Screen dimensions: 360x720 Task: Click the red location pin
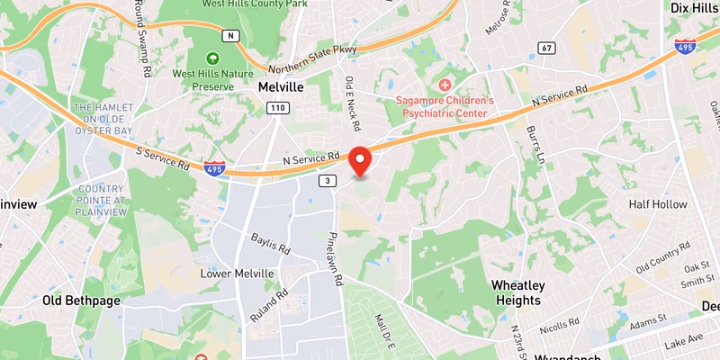tap(361, 159)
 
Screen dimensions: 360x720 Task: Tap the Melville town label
tap(281, 87)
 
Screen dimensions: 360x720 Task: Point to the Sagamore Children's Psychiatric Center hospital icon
tap(444, 84)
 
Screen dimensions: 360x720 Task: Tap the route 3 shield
tap(327, 181)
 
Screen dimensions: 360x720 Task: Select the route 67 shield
tap(546, 47)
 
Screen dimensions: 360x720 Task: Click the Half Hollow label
tap(658, 204)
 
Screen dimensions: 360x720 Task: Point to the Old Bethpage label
tap(81, 300)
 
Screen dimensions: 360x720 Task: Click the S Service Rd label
tap(164, 158)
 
